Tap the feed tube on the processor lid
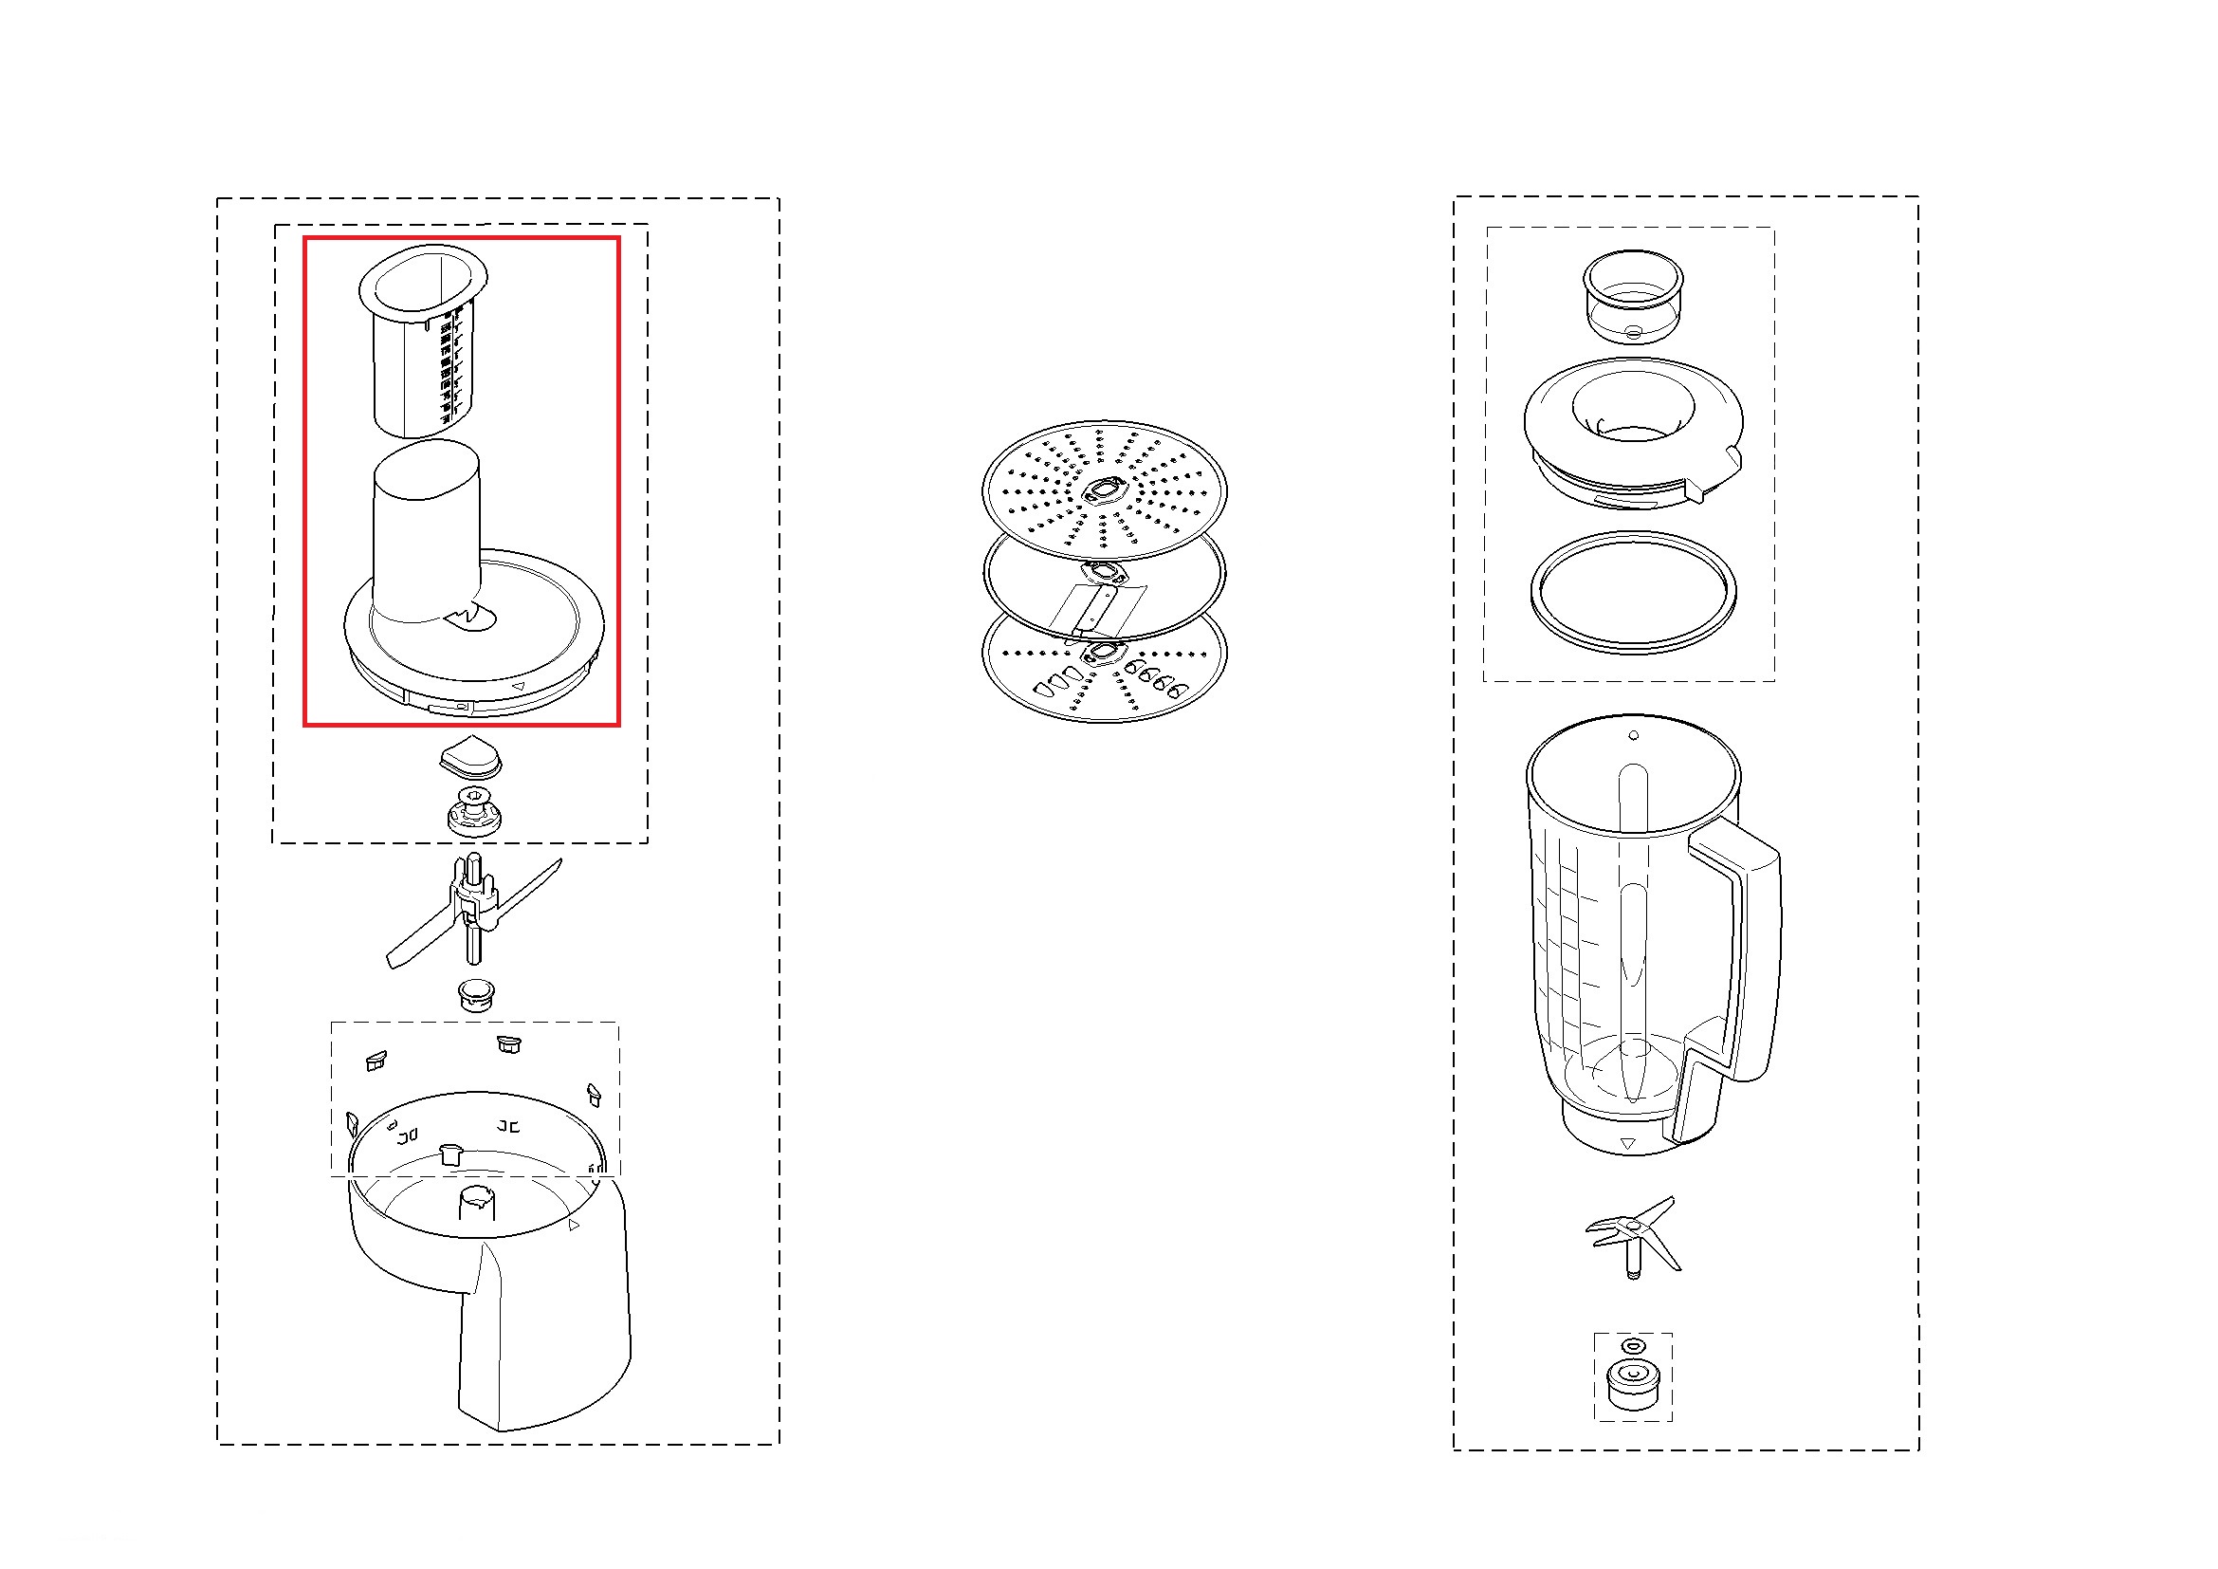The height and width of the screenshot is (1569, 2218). (426, 531)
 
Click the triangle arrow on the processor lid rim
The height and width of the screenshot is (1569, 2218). (519, 686)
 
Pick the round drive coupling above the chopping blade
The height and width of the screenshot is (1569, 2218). (474, 812)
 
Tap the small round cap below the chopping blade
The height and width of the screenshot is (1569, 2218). (475, 993)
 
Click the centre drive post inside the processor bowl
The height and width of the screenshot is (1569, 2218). (475, 1208)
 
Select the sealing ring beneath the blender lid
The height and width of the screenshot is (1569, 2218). (1633, 590)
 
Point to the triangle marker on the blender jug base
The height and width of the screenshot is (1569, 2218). (1628, 1144)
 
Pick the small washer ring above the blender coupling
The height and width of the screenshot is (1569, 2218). (1633, 1346)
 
